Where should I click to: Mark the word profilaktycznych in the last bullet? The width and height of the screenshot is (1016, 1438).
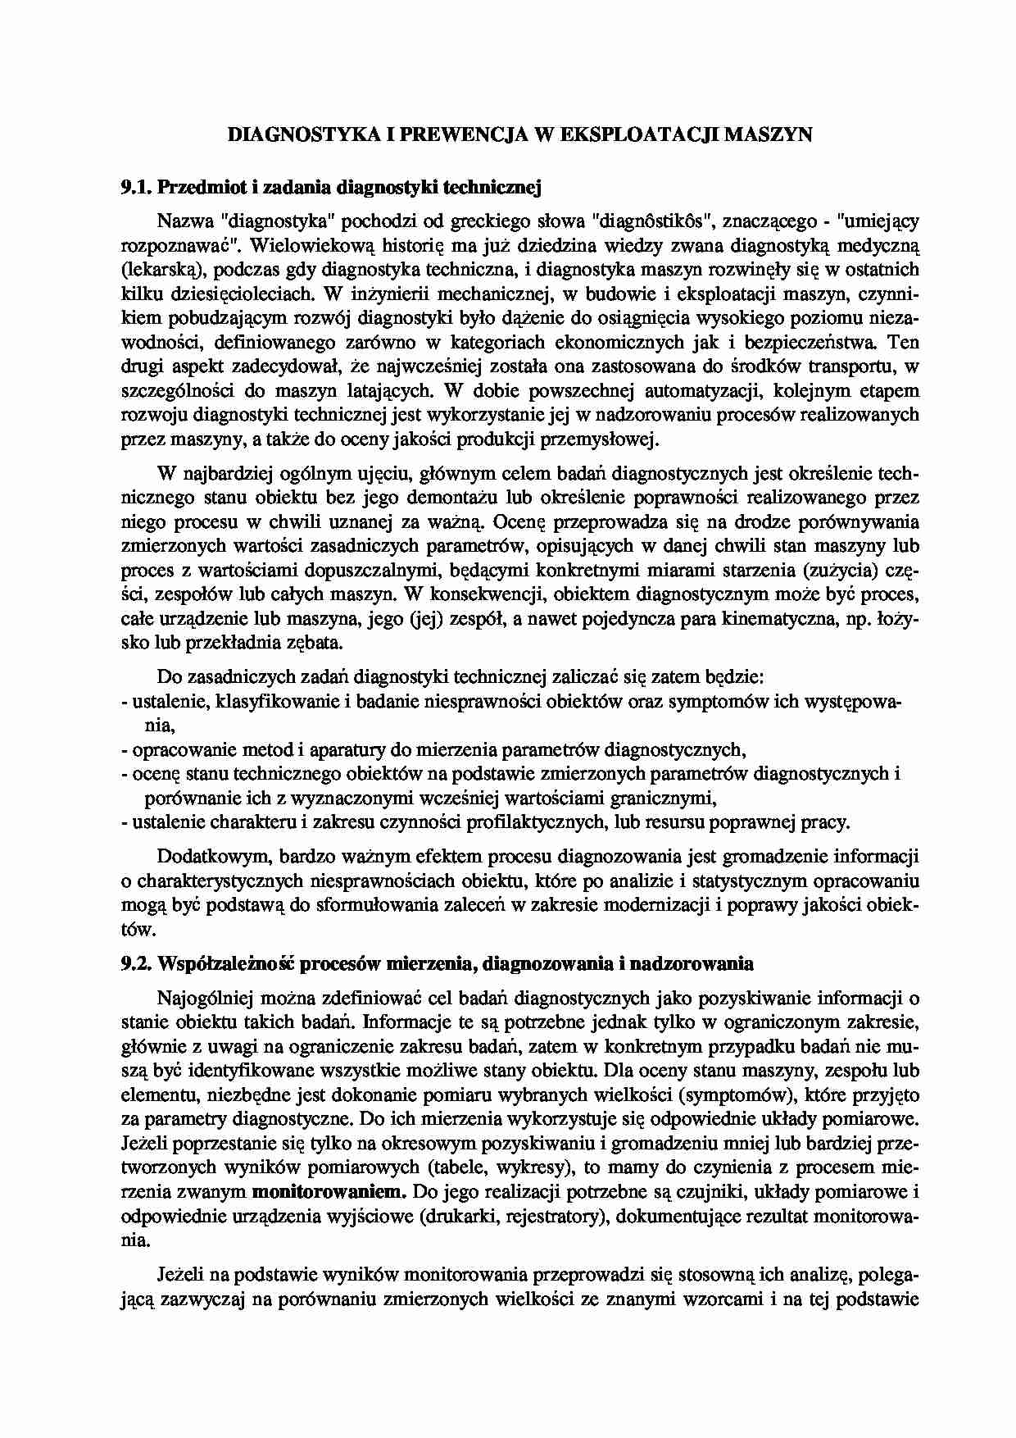click(x=548, y=821)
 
